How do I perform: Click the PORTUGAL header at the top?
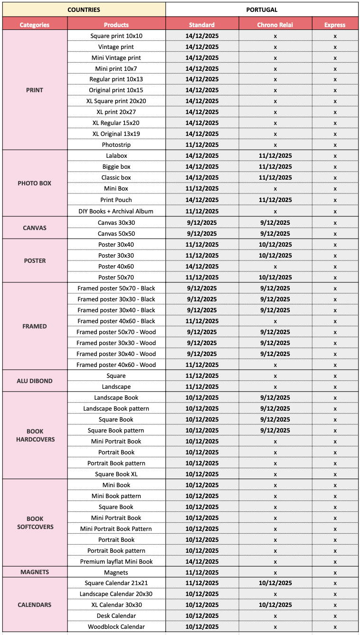[262, 10]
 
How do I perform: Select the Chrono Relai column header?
[275, 25]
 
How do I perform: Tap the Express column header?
[335, 25]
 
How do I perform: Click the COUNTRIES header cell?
[84, 10]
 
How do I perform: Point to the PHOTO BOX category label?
[35, 183]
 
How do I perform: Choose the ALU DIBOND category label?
[35, 381]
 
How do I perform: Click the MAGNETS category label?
[35, 572]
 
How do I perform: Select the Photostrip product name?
[116, 144]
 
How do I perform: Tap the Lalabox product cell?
[116, 155]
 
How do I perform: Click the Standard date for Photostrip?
[202, 144]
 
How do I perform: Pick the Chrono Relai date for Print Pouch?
[275, 200]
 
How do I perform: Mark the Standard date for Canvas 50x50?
[202, 233]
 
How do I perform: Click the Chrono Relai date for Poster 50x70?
[275, 277]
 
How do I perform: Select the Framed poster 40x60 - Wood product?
[116, 365]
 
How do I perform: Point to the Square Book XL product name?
[116, 474]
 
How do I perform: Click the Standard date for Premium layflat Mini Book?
[202, 561]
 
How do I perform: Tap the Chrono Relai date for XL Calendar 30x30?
[275, 605]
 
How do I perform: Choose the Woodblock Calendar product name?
[116, 626]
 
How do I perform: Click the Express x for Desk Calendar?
[335, 616]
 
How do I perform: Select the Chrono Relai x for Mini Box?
[275, 189]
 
